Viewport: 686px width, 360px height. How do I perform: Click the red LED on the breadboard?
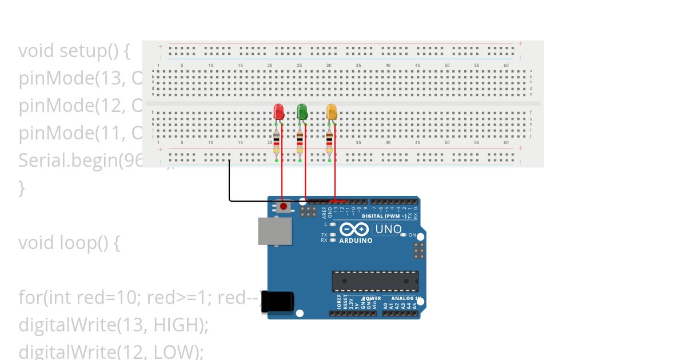coord(279,111)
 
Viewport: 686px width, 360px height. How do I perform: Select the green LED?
coord(302,111)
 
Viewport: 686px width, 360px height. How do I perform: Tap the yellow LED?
coord(332,111)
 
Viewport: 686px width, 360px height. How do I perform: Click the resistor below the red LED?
coord(277,141)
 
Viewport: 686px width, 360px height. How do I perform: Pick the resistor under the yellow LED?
coord(329,141)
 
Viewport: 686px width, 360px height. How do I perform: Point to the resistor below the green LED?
coord(300,141)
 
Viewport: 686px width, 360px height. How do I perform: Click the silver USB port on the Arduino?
coord(274,231)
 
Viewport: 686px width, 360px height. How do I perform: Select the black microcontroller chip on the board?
coord(375,281)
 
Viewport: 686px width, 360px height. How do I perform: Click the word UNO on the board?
coord(388,230)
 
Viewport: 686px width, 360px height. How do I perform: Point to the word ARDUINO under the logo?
coord(356,241)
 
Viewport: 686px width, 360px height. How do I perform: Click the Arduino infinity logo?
coord(354,230)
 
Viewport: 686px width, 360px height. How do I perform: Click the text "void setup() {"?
coord(74,51)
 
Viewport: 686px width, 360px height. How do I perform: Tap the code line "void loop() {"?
coord(69,243)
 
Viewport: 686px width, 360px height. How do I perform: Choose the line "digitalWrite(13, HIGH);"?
coord(113,325)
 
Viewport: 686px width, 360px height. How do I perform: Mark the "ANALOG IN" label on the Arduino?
coord(406,298)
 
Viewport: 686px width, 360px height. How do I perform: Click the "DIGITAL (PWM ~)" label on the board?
coord(385,216)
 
